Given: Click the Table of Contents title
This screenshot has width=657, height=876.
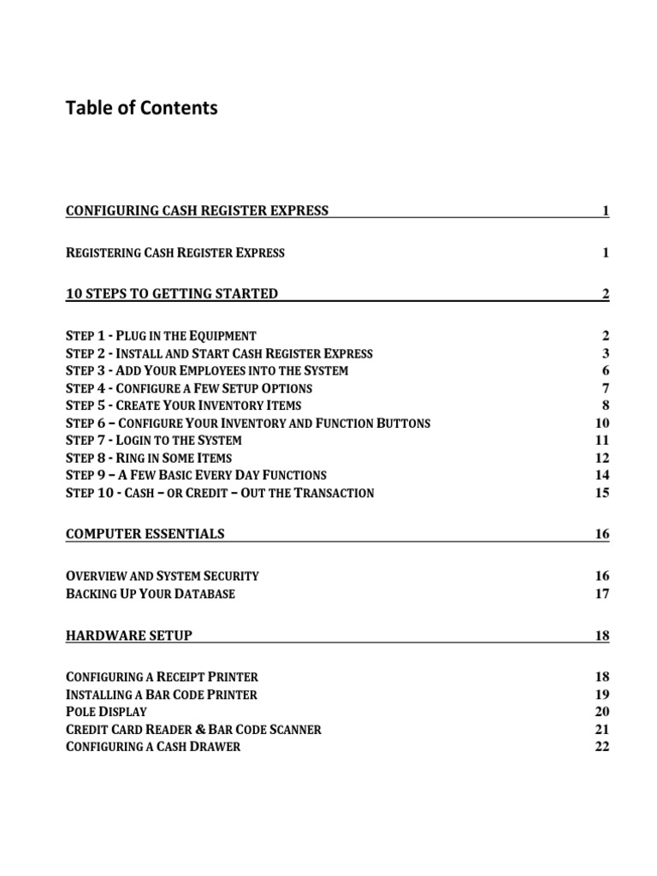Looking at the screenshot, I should pyautogui.click(x=142, y=108).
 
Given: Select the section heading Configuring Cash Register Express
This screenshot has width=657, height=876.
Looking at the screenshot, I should pyautogui.click(x=197, y=210).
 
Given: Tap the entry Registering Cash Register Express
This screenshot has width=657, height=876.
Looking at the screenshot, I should pyautogui.click(x=175, y=252).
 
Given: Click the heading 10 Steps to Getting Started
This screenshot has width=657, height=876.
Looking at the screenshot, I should pyautogui.click(x=172, y=293).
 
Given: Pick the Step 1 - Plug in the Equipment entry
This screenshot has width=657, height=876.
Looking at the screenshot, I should pyautogui.click(x=161, y=335).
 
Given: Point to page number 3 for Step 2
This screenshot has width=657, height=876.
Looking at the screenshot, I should pyautogui.click(x=605, y=353).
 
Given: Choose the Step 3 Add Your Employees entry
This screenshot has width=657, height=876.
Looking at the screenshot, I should pyautogui.click(x=207, y=370).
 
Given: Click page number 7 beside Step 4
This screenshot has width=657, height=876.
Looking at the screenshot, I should pyautogui.click(x=605, y=388).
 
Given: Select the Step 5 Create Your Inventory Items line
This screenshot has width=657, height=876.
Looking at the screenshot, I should pyautogui.click(x=183, y=405).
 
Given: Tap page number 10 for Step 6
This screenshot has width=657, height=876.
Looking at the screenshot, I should pyautogui.click(x=601, y=423).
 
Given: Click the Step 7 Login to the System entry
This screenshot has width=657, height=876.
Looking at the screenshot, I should pyautogui.click(x=154, y=441).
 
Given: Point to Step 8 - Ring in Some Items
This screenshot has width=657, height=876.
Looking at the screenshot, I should pyautogui.click(x=149, y=458).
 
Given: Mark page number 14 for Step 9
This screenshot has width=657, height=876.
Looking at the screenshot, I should pyautogui.click(x=601, y=475).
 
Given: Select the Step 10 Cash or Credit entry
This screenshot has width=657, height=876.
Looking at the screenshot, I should pyautogui.click(x=220, y=493).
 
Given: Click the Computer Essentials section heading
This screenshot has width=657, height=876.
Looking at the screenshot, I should pyautogui.click(x=145, y=534).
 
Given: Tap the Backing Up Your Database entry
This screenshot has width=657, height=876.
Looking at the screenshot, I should pyautogui.click(x=151, y=593).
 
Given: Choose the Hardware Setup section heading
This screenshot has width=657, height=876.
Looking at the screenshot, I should pyautogui.click(x=129, y=635).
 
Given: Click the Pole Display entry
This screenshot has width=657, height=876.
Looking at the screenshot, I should pyautogui.click(x=106, y=712).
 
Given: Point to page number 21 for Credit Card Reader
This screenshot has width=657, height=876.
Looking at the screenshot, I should pyautogui.click(x=601, y=729).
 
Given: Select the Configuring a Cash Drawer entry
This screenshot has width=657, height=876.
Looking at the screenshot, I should pyautogui.click(x=153, y=746).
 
